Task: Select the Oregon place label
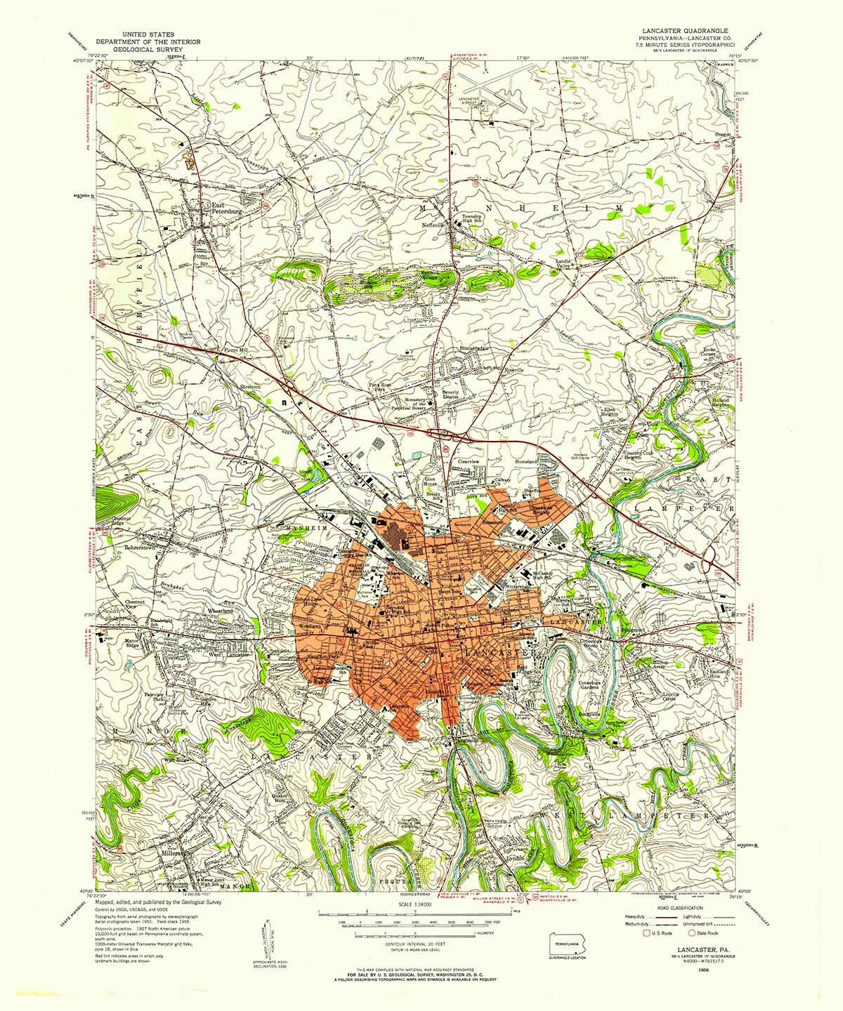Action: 723,133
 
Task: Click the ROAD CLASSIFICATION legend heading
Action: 679,908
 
